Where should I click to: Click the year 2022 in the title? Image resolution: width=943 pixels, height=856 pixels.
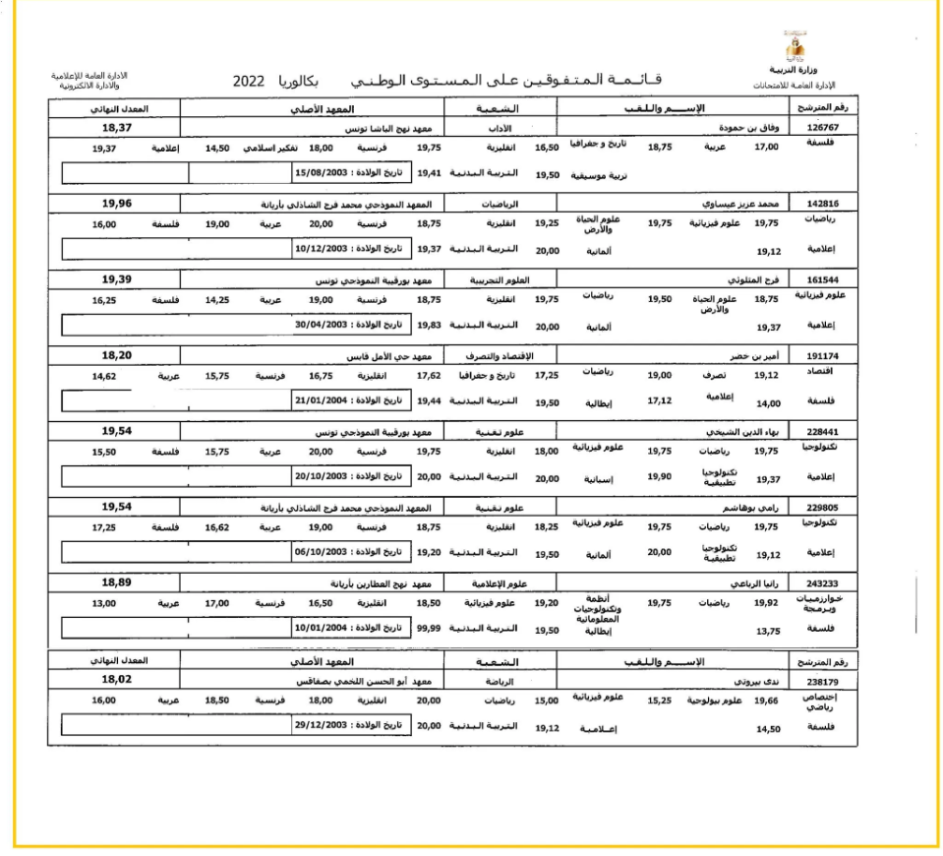point(250,81)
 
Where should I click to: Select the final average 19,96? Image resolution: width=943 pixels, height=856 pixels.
point(117,204)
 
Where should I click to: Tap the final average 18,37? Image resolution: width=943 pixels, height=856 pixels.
point(117,127)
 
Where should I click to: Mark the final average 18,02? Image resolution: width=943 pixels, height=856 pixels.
point(117,678)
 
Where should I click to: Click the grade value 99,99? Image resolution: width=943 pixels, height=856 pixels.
point(429,629)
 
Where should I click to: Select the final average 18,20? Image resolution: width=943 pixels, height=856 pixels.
point(117,355)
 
